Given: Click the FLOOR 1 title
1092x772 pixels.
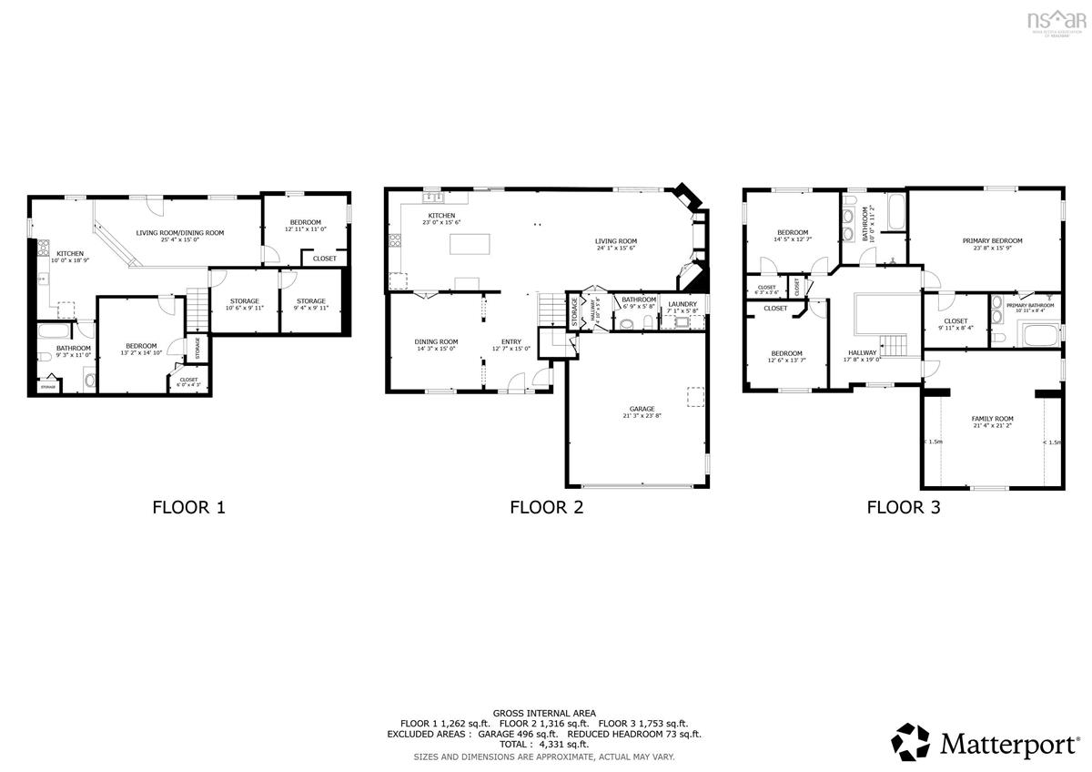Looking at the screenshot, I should pos(188,508).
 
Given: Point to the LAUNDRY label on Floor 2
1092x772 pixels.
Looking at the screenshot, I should pos(682,304).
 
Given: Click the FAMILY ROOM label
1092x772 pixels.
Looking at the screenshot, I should pos(993,419).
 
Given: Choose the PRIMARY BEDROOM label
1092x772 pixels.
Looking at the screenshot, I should pos(992,241).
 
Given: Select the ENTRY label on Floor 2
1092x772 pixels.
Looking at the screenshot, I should pos(511,341).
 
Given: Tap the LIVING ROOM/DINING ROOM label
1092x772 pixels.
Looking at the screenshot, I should pos(180,233).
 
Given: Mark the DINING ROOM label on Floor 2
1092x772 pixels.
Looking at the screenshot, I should pos(437,341).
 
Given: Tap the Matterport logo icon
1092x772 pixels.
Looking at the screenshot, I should pos(910,742).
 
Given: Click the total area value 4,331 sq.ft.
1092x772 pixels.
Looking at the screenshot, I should pos(571,745).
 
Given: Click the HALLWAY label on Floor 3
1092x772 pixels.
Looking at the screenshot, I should pos(862,352).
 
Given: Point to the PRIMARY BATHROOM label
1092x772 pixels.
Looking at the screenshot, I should pos(1030,305).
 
